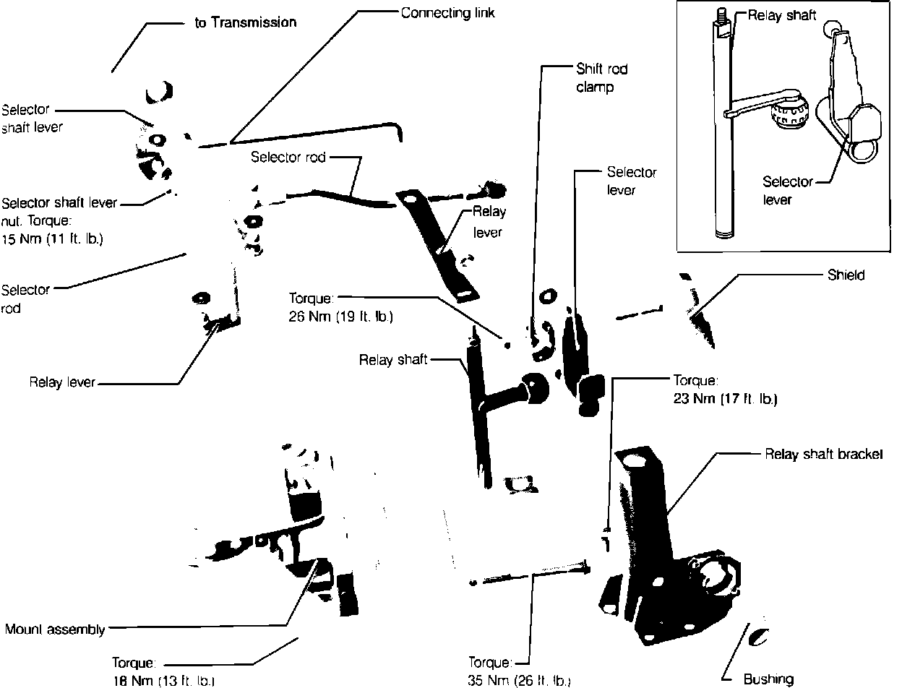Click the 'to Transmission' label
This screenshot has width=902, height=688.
coord(245,22)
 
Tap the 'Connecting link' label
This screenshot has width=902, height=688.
coord(448,14)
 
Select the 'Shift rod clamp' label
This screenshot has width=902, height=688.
coord(601,78)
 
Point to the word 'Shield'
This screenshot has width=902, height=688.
coord(846,275)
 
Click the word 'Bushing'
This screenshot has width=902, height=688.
coord(768,679)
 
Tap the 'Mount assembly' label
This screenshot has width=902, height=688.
coord(55,629)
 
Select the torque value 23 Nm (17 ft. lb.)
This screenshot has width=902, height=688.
coord(725,398)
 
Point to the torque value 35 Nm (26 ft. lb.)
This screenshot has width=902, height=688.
coord(519,681)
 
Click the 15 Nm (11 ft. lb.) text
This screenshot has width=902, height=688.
coord(52,239)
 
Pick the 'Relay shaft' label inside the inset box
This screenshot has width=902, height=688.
coord(782,16)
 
